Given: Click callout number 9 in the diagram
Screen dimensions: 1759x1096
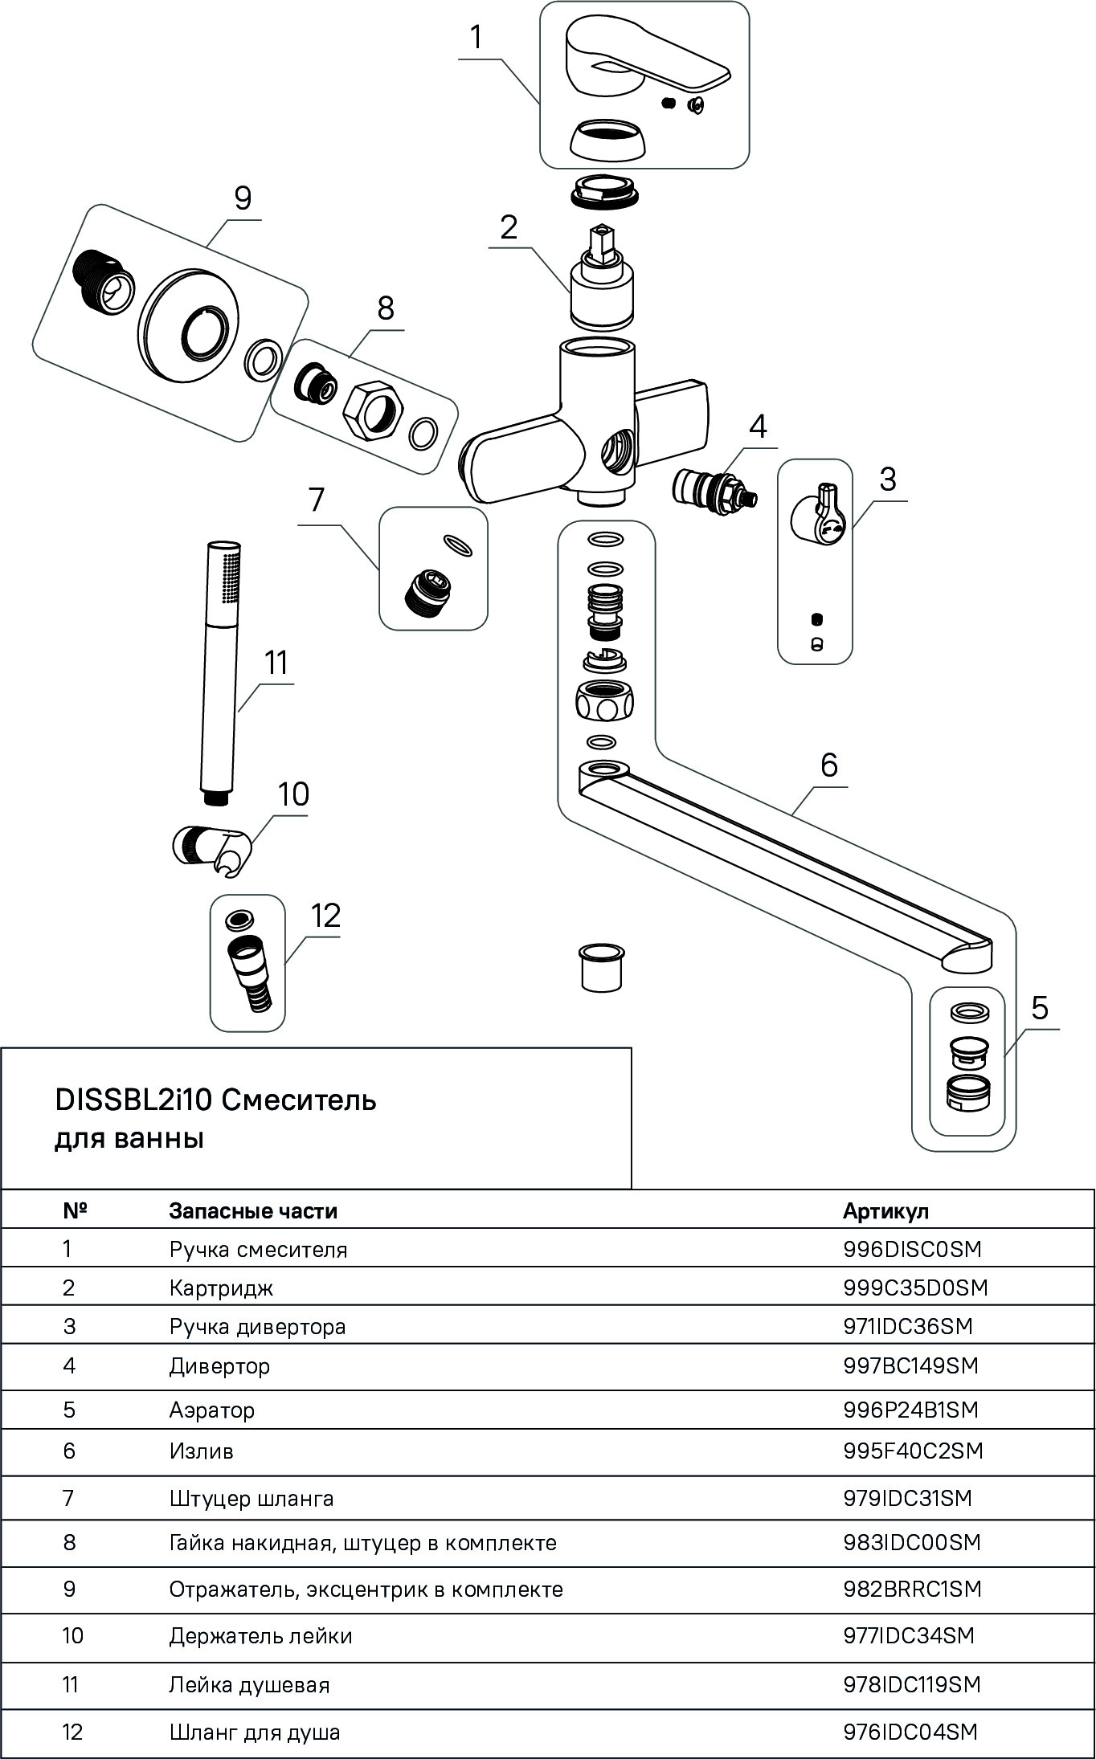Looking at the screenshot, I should click(242, 198).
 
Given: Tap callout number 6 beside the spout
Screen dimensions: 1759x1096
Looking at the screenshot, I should click(828, 765).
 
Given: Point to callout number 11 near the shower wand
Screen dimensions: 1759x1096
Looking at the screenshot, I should click(276, 663).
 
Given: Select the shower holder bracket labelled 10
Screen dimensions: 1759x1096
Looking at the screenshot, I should click(213, 847).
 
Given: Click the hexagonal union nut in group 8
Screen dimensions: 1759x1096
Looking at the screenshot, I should click(373, 407).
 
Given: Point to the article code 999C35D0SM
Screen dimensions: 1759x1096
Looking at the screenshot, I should click(914, 1288).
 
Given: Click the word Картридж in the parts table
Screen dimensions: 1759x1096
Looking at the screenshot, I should click(221, 1288).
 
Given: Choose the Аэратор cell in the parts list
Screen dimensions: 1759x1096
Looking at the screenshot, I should click(211, 1410).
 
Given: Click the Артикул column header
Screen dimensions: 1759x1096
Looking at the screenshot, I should click(885, 1211).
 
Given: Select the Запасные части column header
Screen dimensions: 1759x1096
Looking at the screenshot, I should click(252, 1211).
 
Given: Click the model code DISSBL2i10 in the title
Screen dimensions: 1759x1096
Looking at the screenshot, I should click(133, 1100).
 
